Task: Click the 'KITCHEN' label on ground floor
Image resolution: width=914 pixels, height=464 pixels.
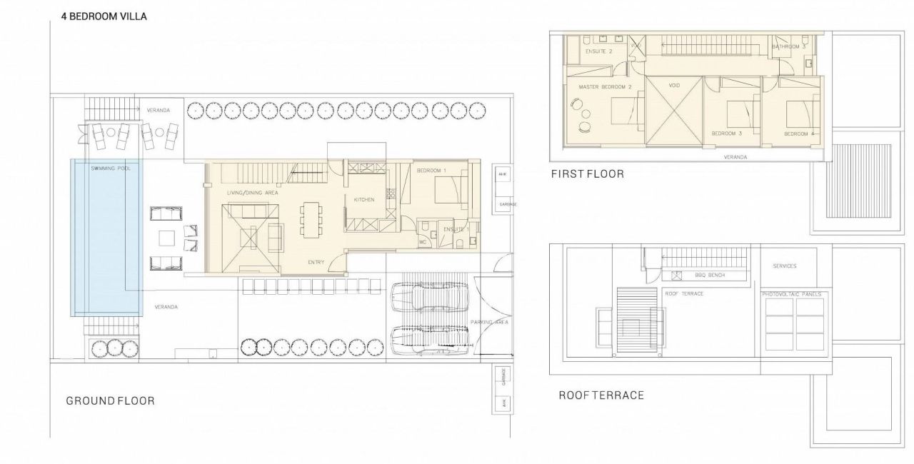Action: [x=363, y=200]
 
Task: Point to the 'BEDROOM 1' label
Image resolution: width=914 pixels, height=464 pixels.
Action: [x=431, y=171]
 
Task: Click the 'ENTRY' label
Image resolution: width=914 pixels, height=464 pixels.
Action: [x=316, y=262]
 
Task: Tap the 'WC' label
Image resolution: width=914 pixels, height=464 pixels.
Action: [x=422, y=241]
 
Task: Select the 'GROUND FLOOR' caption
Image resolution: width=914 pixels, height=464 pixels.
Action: [x=110, y=400]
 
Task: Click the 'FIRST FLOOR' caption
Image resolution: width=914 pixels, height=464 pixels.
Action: [x=587, y=173]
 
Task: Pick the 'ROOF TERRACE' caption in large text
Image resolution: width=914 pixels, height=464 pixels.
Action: [x=601, y=395]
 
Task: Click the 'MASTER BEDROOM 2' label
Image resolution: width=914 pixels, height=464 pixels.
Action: [x=605, y=87]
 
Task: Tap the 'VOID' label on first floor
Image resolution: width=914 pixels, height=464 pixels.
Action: [x=674, y=86]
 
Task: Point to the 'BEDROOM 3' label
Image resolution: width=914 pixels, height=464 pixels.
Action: [x=727, y=133]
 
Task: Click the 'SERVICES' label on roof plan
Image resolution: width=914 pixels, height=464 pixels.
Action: [x=785, y=266]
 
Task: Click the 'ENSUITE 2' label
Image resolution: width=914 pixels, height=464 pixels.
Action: [x=598, y=51]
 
